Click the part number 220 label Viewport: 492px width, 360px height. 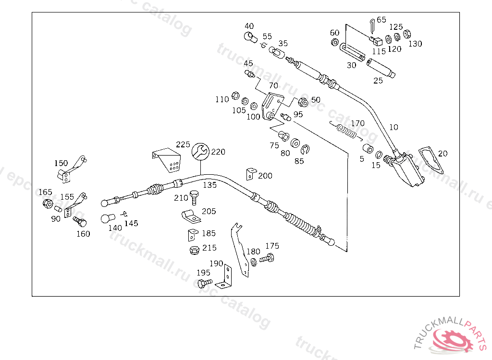pos(218,152)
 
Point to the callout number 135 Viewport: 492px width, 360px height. pos(209,184)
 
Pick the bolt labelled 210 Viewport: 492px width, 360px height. pos(194,197)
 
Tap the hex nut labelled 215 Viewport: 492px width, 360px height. pos(194,250)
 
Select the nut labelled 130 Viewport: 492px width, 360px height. pos(406,34)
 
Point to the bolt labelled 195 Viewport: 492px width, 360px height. pos(205,283)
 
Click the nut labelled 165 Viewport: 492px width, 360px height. pos(48,204)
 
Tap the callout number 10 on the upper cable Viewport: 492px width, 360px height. pos(394,127)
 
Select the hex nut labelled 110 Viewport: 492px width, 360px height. pos(235,95)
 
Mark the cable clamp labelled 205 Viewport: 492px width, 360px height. pos(191,217)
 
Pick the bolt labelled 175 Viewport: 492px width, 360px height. pos(266,259)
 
